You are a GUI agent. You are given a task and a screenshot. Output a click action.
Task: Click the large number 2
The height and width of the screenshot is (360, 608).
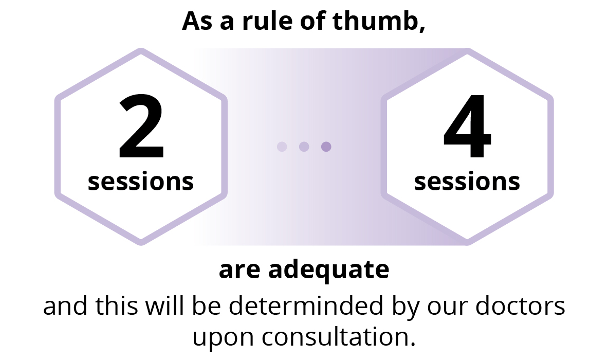141,127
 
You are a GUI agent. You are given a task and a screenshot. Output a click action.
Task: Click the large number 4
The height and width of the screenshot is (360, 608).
467,127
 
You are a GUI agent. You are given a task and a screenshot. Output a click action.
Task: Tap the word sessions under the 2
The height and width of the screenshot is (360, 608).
141,182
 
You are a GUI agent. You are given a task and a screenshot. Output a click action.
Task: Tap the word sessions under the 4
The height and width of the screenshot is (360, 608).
467,182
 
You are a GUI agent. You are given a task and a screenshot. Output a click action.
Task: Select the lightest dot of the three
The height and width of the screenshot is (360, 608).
282,147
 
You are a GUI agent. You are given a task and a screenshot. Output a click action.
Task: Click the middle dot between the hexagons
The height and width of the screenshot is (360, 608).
304,147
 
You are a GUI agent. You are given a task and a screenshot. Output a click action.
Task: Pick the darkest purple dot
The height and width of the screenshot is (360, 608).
326,147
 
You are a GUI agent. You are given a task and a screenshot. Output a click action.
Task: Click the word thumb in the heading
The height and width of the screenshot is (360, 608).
379,21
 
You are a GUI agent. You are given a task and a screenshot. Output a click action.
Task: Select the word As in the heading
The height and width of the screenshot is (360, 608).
197,21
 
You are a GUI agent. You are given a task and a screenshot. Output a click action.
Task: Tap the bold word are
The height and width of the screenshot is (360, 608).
239,271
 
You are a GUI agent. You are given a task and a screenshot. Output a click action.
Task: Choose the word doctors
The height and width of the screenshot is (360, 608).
520,305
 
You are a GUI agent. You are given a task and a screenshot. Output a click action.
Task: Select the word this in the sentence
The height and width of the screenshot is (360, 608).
117,305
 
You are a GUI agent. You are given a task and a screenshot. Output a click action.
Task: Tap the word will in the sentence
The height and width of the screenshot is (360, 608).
165,305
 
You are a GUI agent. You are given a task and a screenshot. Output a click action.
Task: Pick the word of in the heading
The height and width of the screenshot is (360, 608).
312,21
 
